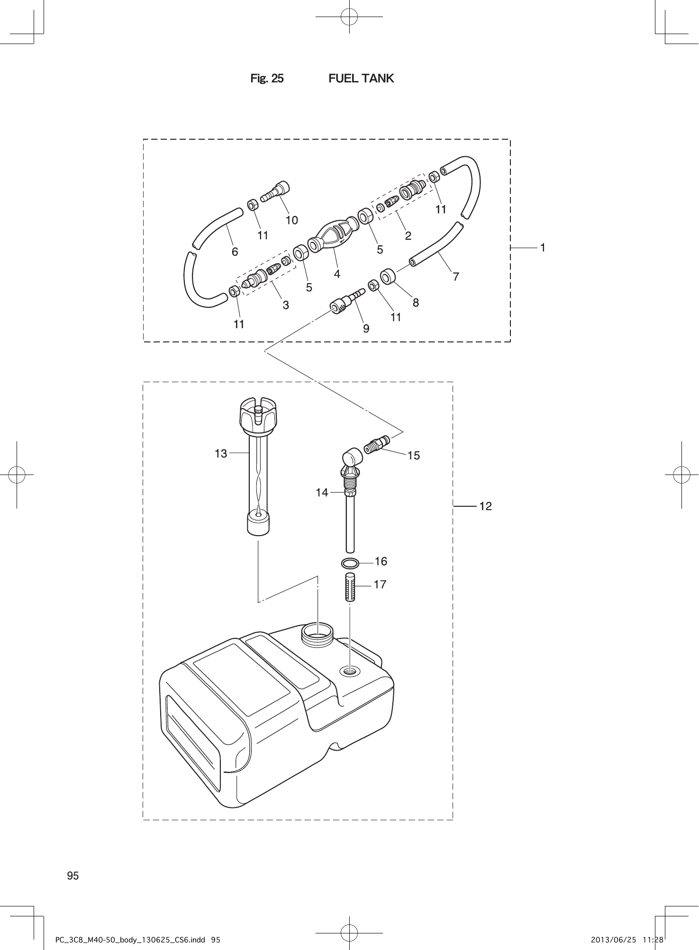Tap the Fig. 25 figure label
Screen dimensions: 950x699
tap(267, 78)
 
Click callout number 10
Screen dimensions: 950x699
tap(291, 220)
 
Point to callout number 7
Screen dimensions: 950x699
tap(455, 277)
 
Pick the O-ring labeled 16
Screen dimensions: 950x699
tap(349, 564)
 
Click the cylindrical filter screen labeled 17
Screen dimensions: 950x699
tap(349, 587)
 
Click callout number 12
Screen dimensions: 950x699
tap(485, 506)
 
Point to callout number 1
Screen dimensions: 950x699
tap(543, 247)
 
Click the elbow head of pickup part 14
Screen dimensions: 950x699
tap(351, 458)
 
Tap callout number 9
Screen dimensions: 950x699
tap(366, 327)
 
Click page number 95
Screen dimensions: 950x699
tap(73, 876)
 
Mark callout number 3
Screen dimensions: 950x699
tap(286, 305)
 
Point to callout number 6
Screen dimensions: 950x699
tap(235, 251)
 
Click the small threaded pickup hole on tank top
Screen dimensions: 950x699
tap(349, 671)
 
